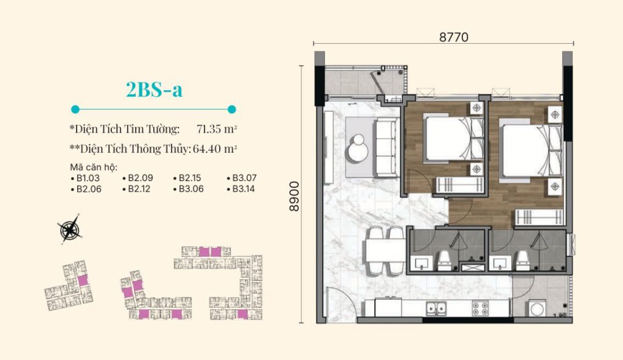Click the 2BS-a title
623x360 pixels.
tap(154, 90)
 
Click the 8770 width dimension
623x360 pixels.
tap(453, 37)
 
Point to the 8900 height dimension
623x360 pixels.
tap(294, 196)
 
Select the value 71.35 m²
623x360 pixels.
tap(217, 129)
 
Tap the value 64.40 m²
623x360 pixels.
tap(215, 148)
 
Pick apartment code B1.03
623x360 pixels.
tap(85, 178)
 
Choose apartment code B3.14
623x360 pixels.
tap(241, 189)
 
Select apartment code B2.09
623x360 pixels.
tap(137, 178)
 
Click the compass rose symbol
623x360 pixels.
tap(69, 229)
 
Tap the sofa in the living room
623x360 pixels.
tap(385, 147)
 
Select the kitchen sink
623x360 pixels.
tap(436, 308)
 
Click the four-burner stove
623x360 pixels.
tap(479, 308)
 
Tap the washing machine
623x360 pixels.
tap(538, 308)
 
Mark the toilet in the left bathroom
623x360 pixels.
tap(444, 261)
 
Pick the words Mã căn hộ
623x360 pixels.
tap(94, 167)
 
